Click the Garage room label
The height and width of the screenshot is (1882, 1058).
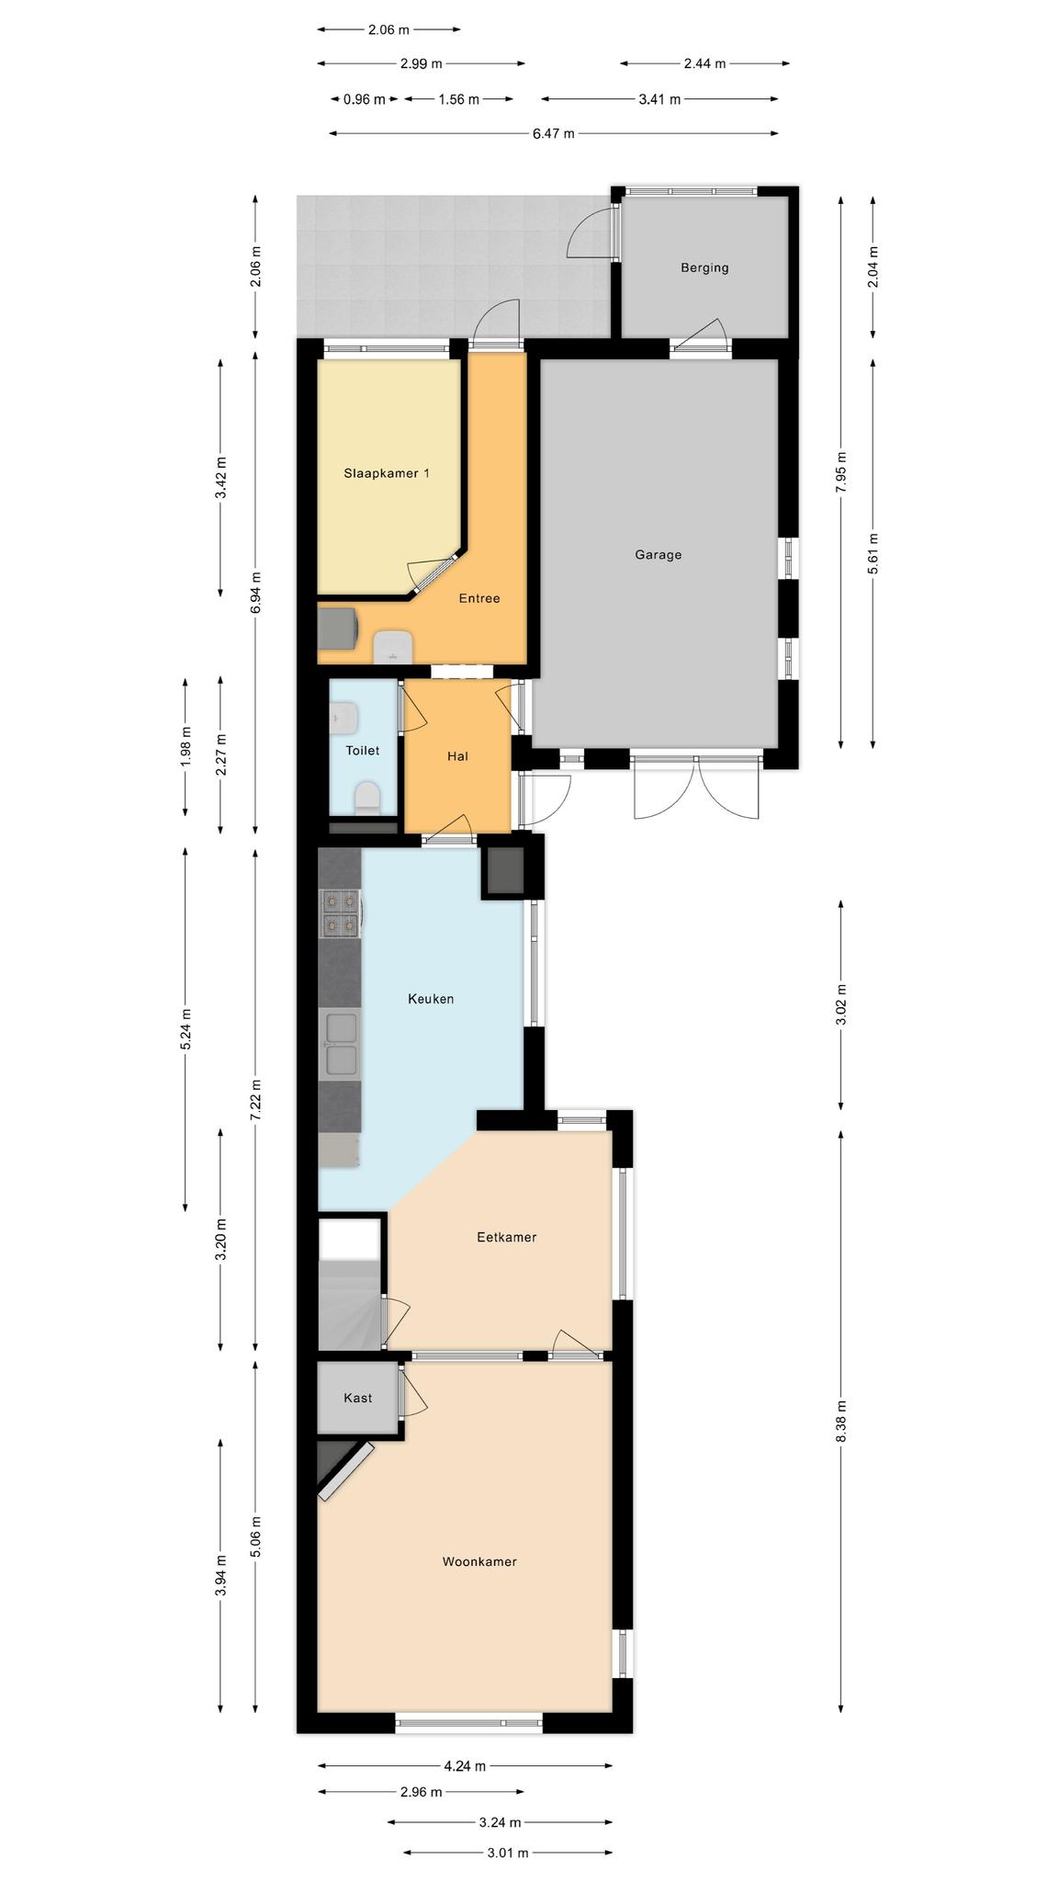(658, 554)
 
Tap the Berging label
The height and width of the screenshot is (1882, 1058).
(704, 267)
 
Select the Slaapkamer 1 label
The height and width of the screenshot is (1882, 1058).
(387, 473)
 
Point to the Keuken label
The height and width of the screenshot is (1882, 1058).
(431, 998)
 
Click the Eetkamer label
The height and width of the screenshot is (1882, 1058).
(506, 1237)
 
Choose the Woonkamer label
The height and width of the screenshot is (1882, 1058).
(479, 1561)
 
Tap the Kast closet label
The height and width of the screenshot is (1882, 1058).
(358, 1398)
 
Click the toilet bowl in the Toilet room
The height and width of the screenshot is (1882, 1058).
(367, 798)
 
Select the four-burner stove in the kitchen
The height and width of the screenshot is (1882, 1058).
(340, 913)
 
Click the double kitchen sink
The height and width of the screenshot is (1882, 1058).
(341, 1044)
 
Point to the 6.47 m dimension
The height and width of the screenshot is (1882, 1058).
(554, 133)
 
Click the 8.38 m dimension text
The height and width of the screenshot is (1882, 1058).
(841, 1422)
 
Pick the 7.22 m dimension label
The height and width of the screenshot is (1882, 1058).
(256, 1099)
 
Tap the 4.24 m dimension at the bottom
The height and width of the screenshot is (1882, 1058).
(465, 1765)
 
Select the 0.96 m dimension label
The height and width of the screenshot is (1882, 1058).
(365, 99)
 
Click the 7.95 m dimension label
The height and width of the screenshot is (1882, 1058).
(841, 472)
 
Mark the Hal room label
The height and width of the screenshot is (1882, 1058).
(457, 756)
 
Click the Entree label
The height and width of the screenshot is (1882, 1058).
(479, 598)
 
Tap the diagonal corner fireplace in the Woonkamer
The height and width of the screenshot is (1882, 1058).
(345, 1469)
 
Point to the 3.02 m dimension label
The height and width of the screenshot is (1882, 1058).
(841, 1005)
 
